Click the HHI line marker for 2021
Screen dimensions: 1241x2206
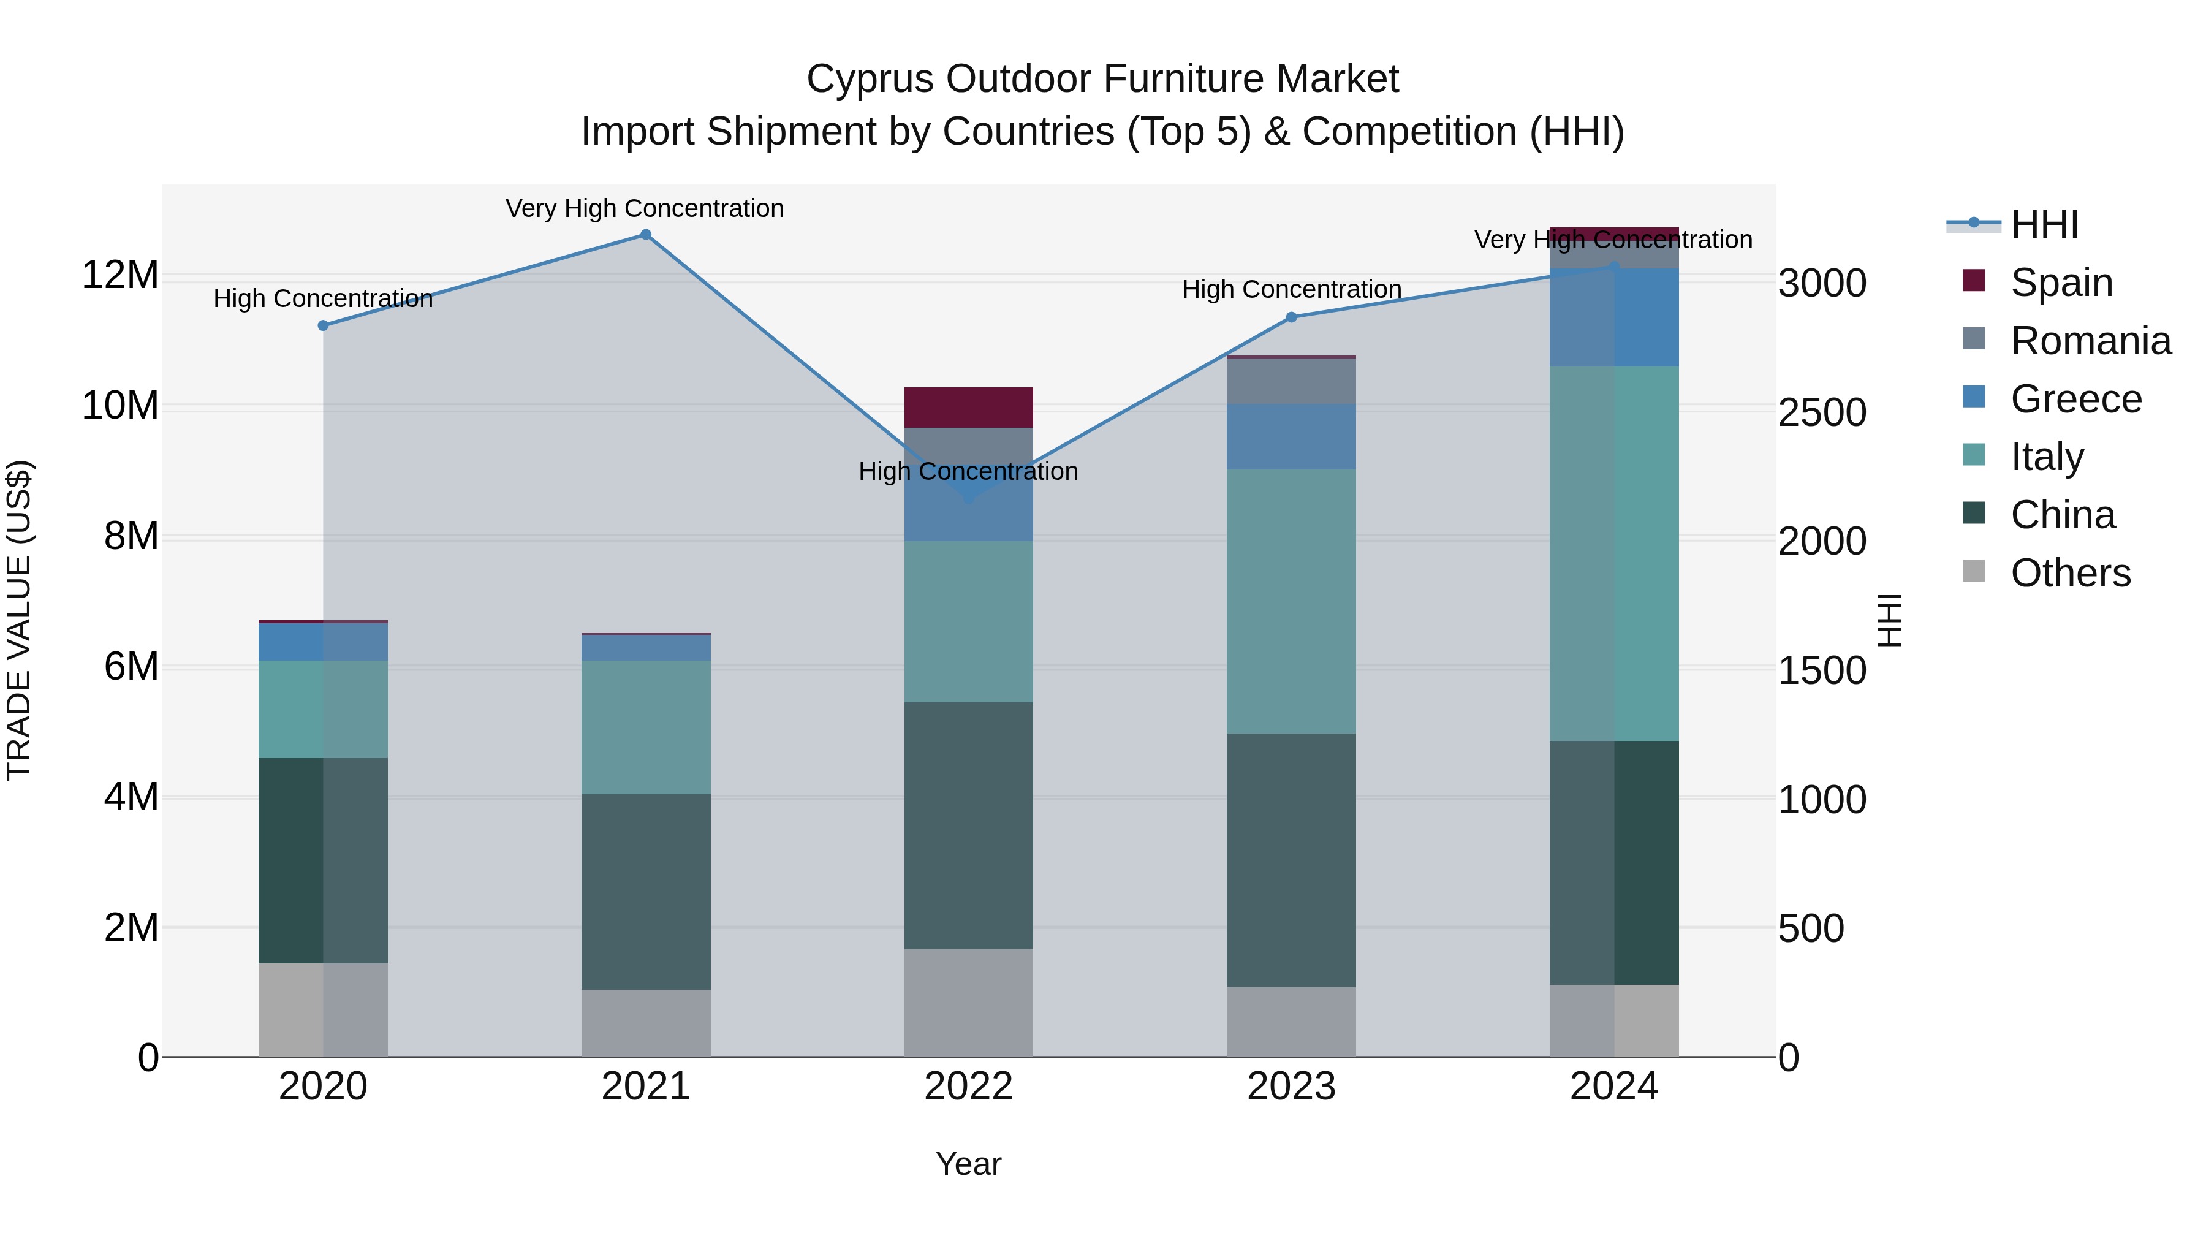coord(646,235)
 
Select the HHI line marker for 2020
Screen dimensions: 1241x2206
coord(323,325)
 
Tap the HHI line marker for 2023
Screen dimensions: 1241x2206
coord(1291,317)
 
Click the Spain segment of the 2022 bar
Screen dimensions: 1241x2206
coord(969,408)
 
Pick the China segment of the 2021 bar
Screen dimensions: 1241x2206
coord(646,892)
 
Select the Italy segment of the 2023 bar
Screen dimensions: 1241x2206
coord(1291,601)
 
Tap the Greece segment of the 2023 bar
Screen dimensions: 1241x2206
coord(1291,437)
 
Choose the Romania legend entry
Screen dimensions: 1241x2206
coord(2090,341)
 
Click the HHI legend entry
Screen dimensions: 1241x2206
coord(2043,224)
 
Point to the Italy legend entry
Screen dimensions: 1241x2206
coord(2047,457)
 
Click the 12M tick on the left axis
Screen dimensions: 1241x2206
coord(120,276)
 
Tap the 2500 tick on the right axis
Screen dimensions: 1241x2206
coord(1822,413)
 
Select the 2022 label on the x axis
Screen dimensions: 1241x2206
coord(969,1087)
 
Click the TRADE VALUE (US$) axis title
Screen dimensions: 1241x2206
coord(19,620)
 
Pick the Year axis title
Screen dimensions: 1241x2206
coord(969,1164)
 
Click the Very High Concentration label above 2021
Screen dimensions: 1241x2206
coord(645,208)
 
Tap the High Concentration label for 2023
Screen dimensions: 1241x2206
coord(1291,289)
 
